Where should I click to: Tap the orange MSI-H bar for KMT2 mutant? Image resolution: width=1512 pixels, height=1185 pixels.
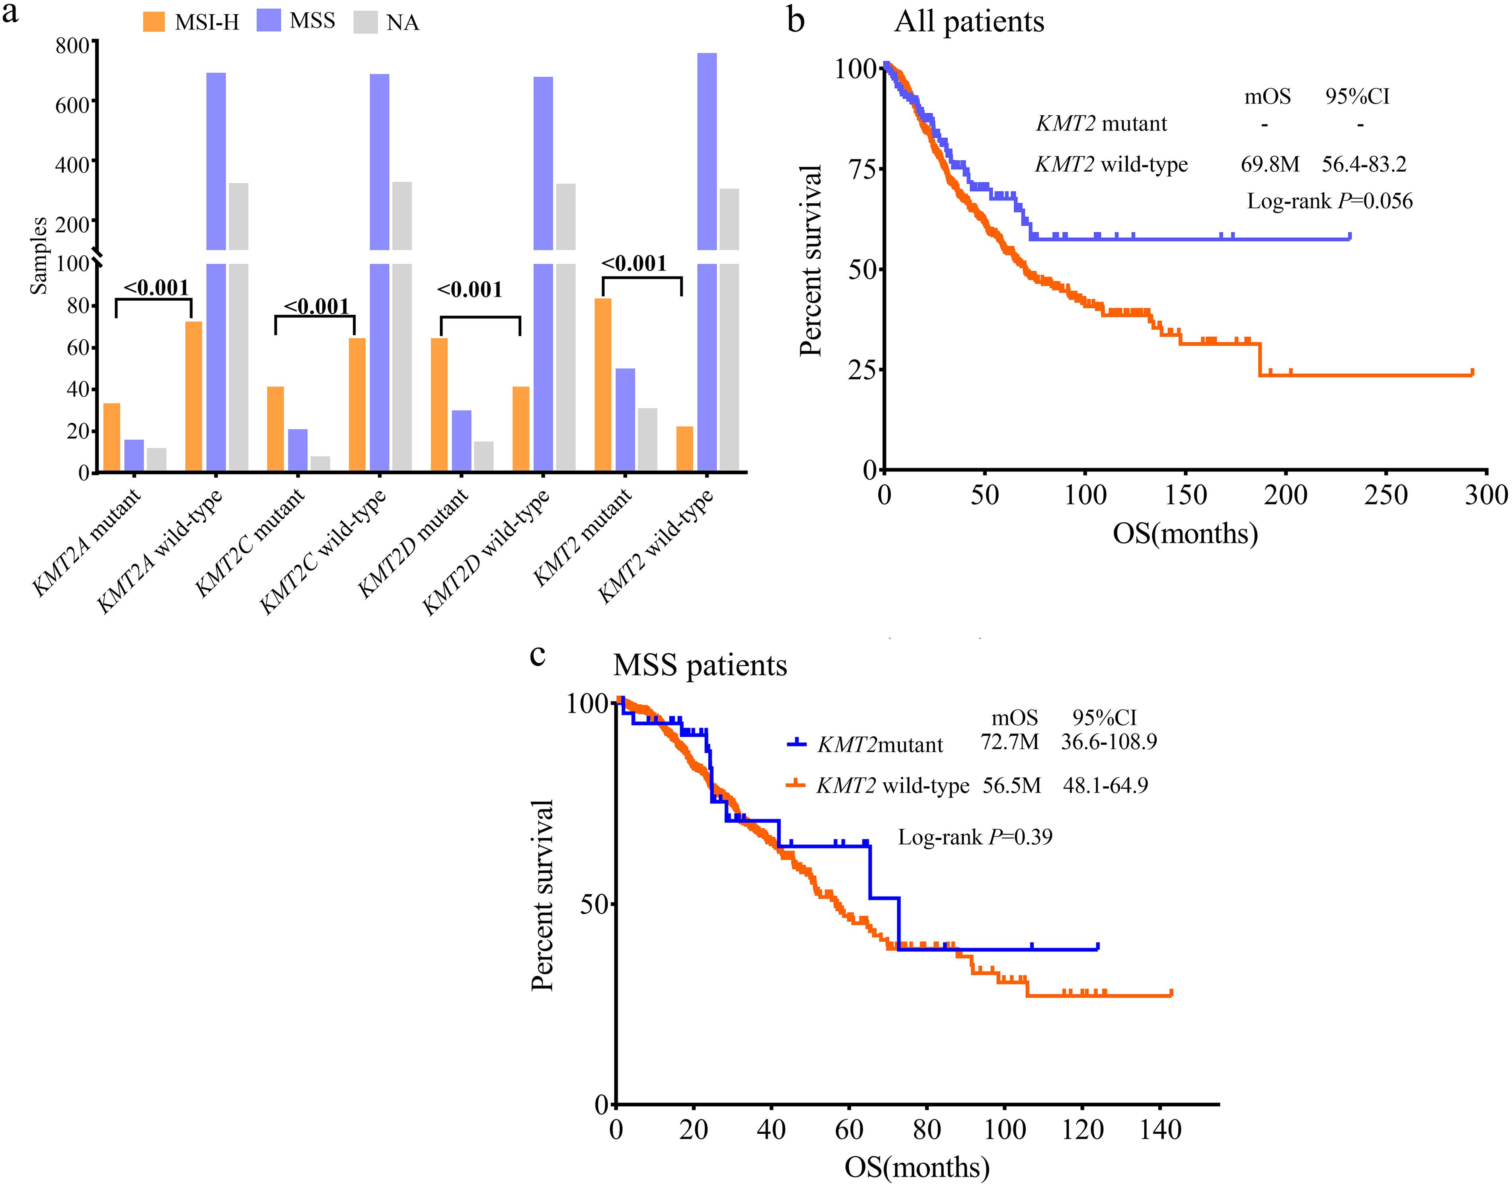coord(603,385)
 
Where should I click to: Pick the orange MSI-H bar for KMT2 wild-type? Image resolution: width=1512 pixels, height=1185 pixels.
coord(684,449)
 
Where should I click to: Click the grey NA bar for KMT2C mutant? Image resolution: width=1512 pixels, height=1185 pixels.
coord(321,463)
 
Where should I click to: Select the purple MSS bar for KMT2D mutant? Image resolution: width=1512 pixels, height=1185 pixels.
coord(462,441)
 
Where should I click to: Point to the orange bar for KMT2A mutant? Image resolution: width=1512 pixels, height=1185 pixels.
coord(112,438)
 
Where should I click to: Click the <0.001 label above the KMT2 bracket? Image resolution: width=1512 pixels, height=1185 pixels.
coord(633,264)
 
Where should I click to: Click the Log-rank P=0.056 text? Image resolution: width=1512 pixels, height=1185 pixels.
coord(1329,201)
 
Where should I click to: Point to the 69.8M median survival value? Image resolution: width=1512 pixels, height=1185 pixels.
coord(1270,164)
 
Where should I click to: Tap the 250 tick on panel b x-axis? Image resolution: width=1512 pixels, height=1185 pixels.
coord(1386,495)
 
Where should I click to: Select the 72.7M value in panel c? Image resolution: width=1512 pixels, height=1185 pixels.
coord(1009,741)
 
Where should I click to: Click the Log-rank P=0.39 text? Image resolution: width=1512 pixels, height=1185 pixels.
coord(975,837)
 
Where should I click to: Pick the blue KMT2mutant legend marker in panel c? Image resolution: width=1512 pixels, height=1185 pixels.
coord(797,743)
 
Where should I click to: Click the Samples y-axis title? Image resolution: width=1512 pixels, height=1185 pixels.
coord(39,255)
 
